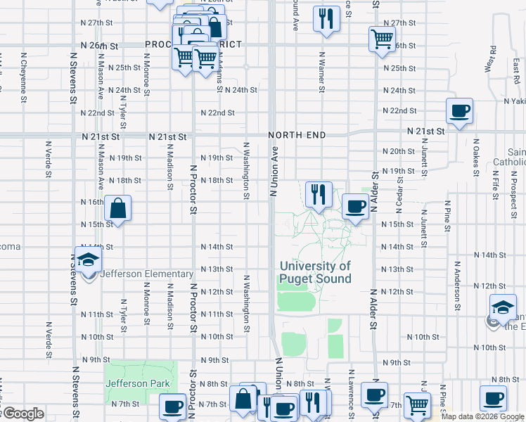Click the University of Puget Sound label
(315, 272)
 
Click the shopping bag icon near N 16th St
(118, 208)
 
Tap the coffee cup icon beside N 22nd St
(459, 111)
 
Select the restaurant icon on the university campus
(319, 193)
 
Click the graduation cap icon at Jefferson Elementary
(89, 260)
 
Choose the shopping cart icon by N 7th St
(417, 406)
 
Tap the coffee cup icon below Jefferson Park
(172, 407)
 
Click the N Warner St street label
(321, 71)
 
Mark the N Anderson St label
(457, 285)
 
